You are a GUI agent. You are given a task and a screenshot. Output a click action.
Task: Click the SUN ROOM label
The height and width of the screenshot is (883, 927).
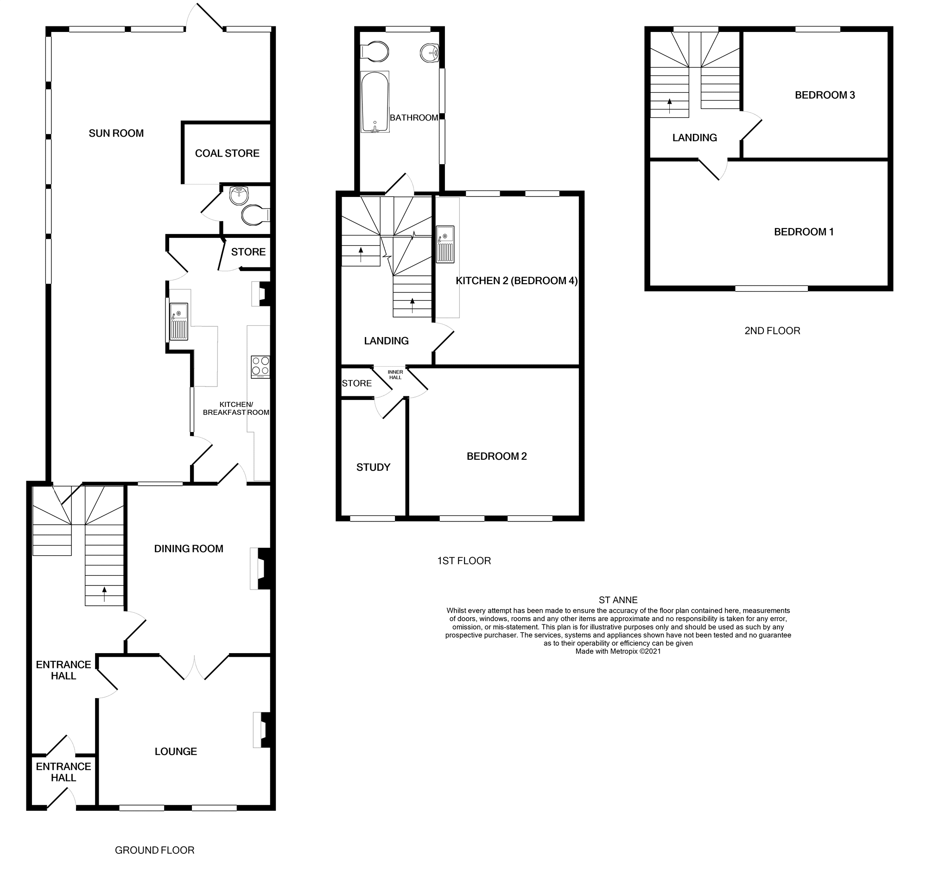(x=116, y=133)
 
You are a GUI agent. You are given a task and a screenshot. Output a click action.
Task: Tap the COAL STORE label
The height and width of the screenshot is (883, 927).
(x=227, y=153)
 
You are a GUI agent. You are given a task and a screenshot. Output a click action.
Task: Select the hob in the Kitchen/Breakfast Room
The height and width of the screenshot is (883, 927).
(x=260, y=367)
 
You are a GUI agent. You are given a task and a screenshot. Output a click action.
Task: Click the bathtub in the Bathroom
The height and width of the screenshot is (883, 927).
(x=375, y=102)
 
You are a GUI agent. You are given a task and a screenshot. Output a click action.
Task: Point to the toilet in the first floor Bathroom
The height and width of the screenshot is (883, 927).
(x=375, y=52)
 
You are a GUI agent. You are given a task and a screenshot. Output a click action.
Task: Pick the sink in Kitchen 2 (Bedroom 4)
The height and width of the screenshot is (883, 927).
(x=444, y=244)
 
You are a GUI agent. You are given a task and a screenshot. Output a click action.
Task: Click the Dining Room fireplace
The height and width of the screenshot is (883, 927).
(x=260, y=568)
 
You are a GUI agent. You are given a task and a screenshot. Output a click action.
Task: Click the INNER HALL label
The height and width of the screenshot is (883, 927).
(x=395, y=375)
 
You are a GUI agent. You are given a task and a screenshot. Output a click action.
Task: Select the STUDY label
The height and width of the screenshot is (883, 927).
(x=373, y=467)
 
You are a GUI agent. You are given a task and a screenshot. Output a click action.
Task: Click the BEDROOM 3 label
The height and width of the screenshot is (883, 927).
(x=825, y=95)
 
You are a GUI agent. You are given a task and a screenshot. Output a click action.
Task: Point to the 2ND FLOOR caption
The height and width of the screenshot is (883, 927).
(x=772, y=331)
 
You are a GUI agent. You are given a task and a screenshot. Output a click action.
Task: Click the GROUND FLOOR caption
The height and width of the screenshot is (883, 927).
(x=154, y=850)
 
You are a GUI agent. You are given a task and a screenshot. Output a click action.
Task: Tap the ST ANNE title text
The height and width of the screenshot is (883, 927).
(x=618, y=600)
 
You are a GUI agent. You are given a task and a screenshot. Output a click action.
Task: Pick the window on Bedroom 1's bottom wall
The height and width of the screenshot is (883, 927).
(x=771, y=288)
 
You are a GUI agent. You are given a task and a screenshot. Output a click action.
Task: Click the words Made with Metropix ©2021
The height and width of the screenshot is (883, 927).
(x=618, y=651)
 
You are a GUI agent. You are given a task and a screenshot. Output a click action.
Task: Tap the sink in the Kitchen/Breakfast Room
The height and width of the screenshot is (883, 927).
(x=178, y=321)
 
